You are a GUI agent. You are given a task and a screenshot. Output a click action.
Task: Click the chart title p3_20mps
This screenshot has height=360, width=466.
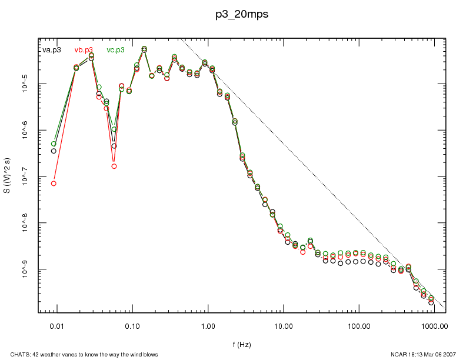[x=242, y=15]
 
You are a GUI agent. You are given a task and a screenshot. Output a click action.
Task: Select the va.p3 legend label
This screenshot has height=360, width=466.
[x=52, y=50]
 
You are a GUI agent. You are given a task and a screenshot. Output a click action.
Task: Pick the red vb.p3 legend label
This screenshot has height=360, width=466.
[x=84, y=50]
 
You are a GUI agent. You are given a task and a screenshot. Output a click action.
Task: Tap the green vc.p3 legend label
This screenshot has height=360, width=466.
[x=115, y=50]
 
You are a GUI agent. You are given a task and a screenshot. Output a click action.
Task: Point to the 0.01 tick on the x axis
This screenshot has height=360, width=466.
[x=56, y=325]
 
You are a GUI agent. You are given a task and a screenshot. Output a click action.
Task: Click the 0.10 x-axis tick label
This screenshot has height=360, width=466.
[x=132, y=325]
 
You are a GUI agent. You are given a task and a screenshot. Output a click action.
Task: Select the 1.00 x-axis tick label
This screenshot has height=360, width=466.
[x=208, y=325]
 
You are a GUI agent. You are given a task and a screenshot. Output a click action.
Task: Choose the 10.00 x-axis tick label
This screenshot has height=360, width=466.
[x=283, y=325]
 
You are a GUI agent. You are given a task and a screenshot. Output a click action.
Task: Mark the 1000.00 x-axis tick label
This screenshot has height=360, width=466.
[x=434, y=325]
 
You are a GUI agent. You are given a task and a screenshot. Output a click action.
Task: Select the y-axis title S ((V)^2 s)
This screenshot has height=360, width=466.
[x=8, y=176]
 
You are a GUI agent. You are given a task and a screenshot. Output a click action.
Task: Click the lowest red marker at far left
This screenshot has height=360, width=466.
[x=54, y=184]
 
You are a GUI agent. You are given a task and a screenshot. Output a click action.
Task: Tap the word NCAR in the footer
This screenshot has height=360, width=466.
[x=390, y=354]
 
